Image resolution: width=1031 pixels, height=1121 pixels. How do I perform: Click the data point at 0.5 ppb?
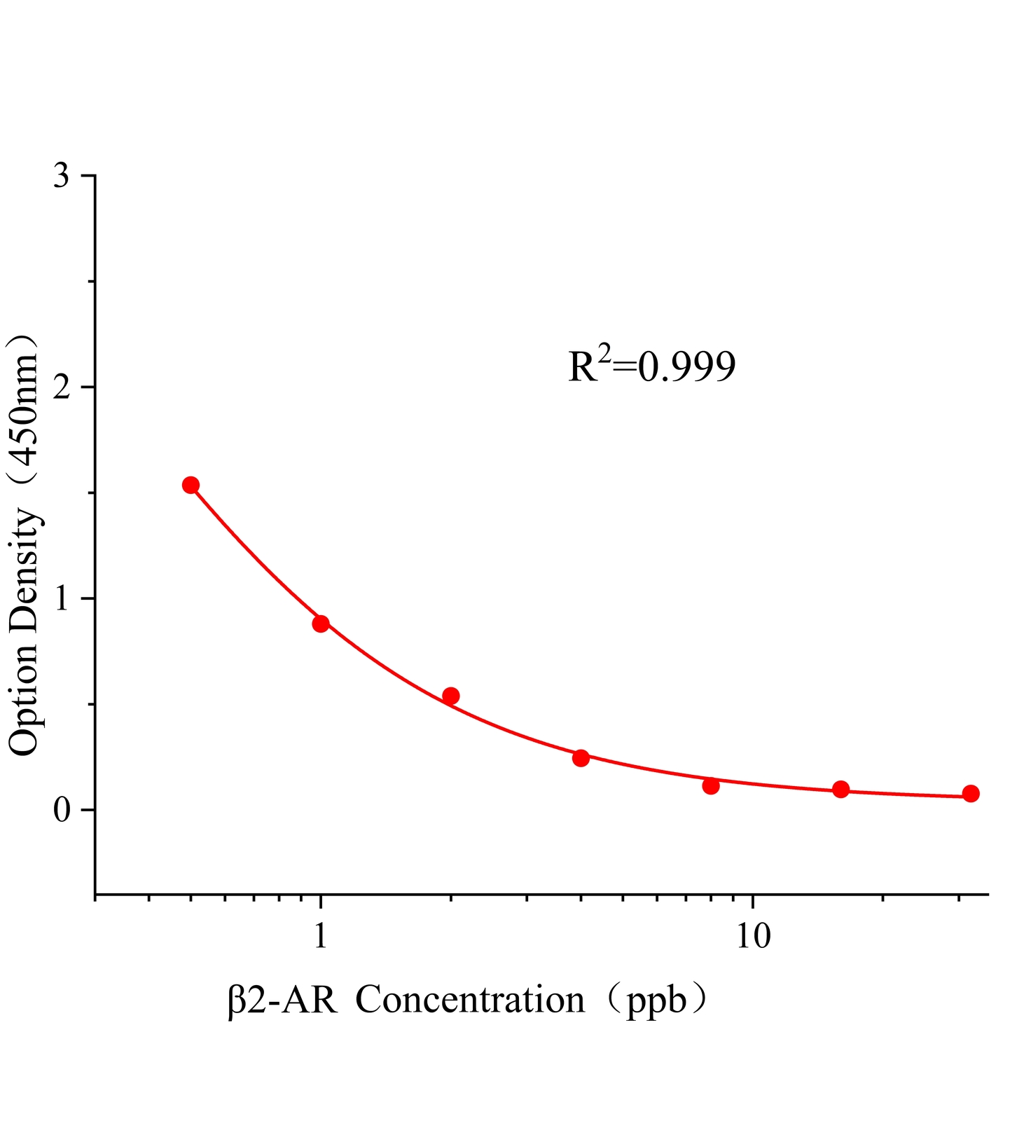(191, 485)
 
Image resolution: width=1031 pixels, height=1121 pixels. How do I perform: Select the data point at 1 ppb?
(321, 624)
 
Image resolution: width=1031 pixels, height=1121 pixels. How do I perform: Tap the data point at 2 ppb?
(451, 696)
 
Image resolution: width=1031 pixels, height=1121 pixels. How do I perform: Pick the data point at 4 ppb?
(581, 758)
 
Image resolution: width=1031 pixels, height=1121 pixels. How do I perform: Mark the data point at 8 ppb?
(711, 786)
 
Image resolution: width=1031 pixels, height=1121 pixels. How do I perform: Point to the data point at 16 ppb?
(841, 790)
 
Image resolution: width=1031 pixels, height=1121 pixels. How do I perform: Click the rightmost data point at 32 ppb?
(971, 794)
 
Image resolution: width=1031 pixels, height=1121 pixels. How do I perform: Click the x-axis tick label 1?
(321, 937)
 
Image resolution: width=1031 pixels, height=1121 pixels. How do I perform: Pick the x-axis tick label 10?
(753, 937)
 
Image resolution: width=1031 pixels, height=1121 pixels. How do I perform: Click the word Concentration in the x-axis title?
(470, 1000)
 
